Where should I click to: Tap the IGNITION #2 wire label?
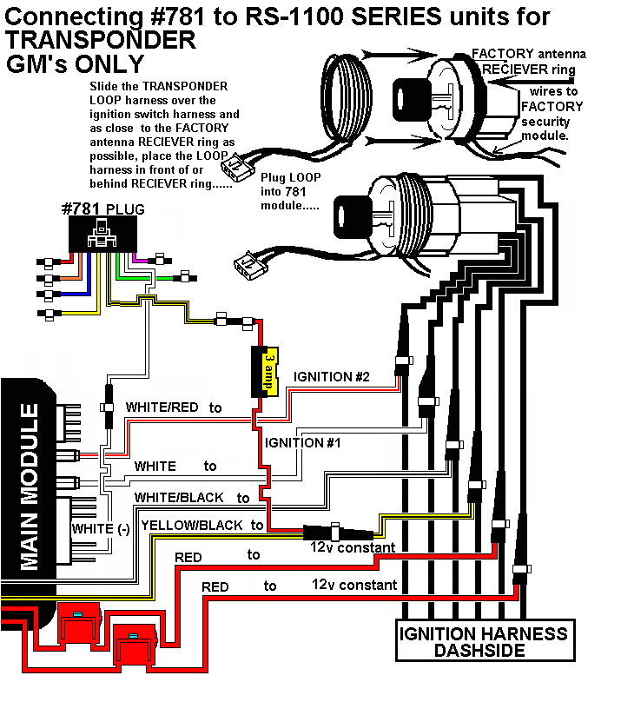332,377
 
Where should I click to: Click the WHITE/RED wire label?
164,407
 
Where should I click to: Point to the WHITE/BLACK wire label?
179,498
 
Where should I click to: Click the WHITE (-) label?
100,528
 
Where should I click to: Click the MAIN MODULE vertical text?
29,487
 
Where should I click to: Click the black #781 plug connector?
102,233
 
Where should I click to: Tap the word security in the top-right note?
548,123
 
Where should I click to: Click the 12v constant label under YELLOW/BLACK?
353,547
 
